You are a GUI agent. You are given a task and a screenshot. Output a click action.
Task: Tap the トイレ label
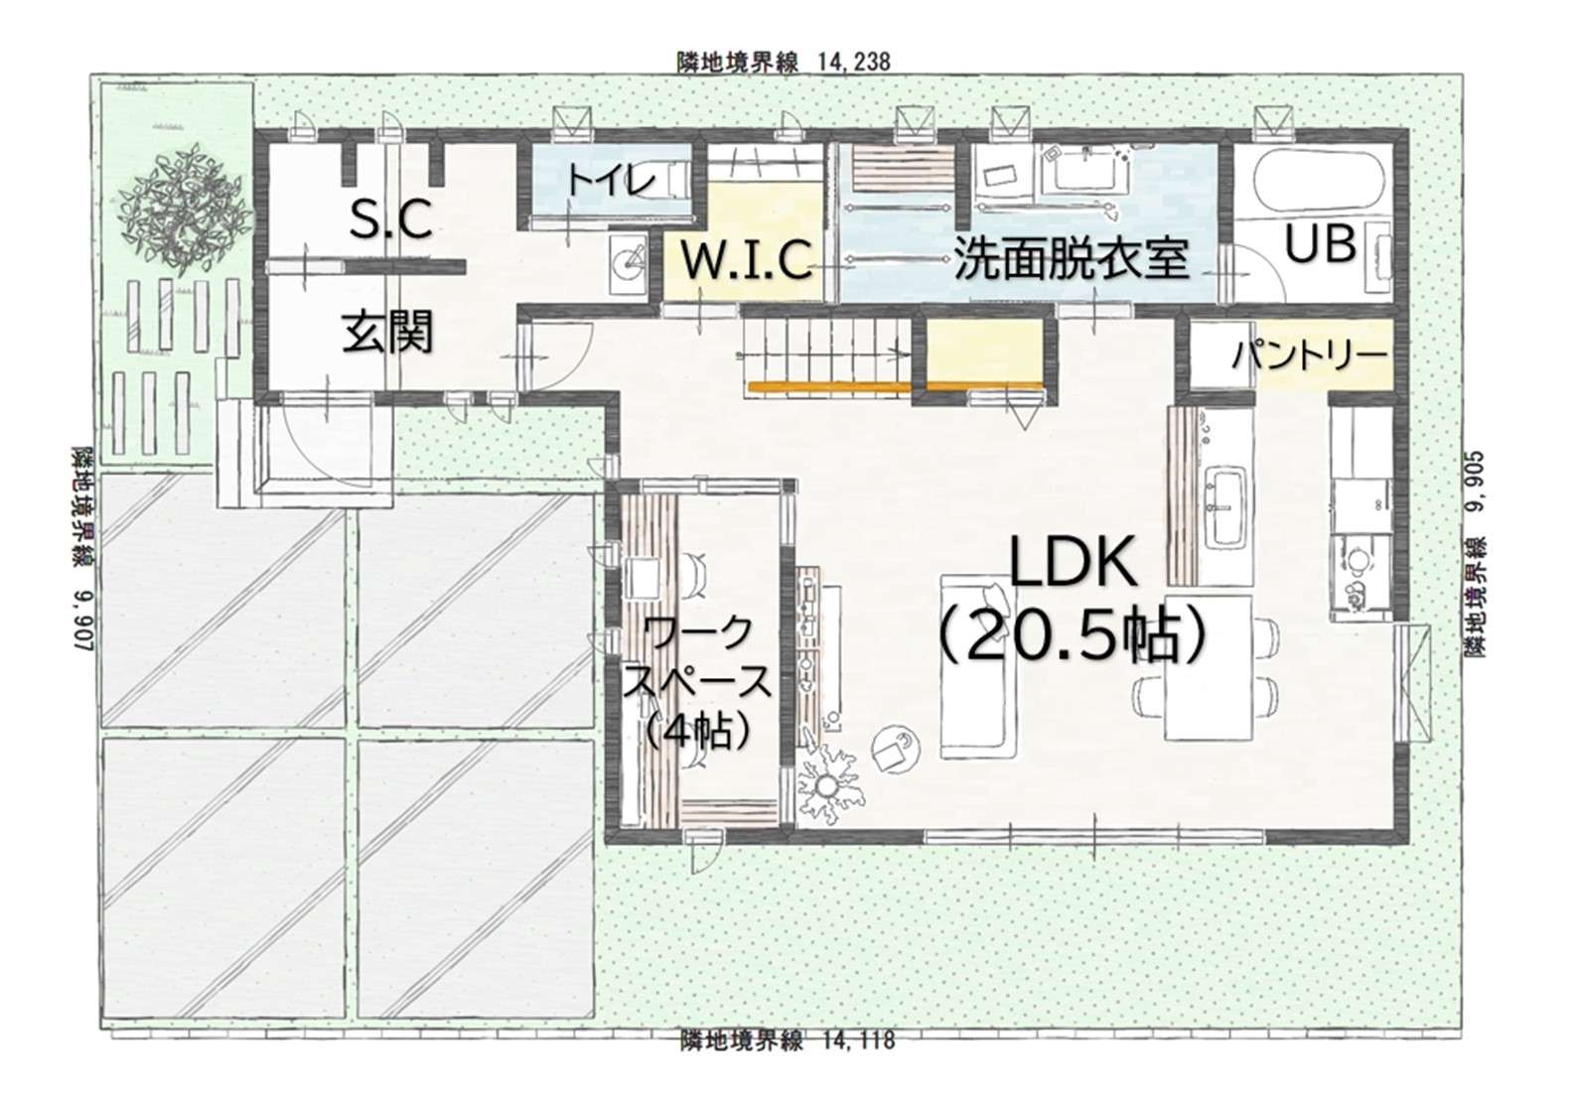coord(610,181)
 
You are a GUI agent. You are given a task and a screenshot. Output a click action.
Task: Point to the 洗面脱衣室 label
coord(1071,258)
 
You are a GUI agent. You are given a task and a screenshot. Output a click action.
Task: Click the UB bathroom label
coord(1321,243)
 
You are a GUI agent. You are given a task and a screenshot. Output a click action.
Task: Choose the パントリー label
coord(1308,355)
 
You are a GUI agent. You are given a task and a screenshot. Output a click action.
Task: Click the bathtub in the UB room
coord(1310,185)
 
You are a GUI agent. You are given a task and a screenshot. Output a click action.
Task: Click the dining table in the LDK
coord(1208,667)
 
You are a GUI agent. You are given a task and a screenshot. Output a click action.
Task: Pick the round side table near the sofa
coord(896,750)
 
